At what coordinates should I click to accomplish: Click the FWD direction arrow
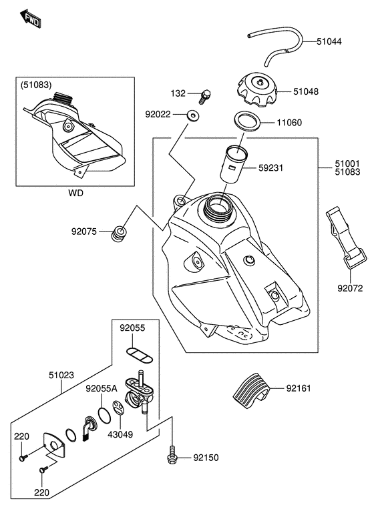coord(30,19)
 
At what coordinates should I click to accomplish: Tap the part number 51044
coord(329,41)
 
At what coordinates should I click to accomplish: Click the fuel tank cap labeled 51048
coord(257,89)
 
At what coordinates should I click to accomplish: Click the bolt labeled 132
coord(204,96)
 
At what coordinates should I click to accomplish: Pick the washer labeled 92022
coord(192,115)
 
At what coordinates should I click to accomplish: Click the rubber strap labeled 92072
coord(346,237)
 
